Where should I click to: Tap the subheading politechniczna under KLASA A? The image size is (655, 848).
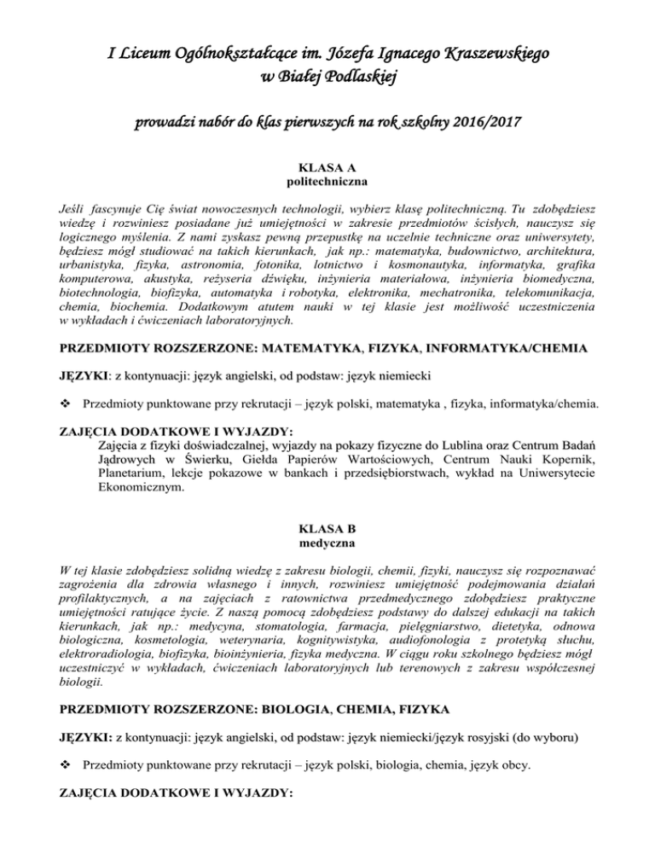click(x=327, y=183)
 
